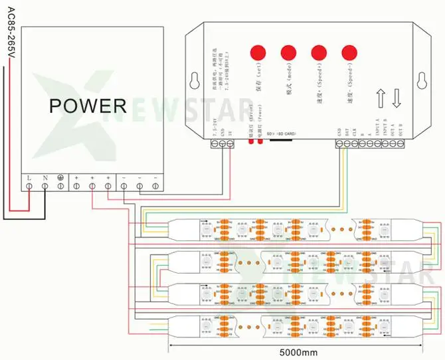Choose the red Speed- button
[349, 53]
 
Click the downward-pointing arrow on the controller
[396, 98]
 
